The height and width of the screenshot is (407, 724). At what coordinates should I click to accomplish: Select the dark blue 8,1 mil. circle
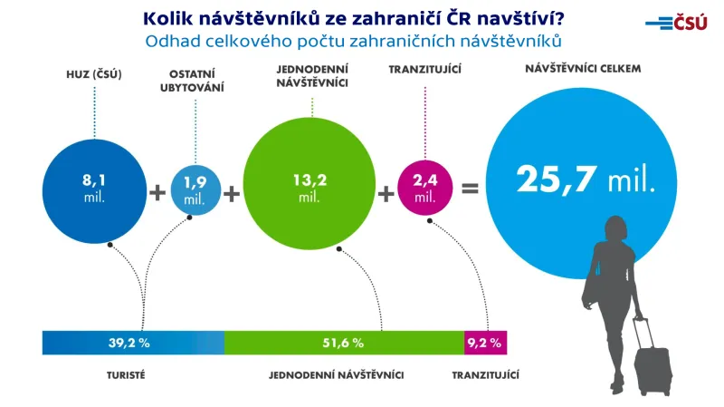93,189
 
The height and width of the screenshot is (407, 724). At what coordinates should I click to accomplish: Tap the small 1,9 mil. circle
195,189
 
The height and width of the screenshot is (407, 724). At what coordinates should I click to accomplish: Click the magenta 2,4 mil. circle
424,189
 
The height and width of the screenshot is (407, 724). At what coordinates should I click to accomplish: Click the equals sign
470,190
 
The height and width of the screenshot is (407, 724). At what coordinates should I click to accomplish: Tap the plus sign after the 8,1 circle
157,192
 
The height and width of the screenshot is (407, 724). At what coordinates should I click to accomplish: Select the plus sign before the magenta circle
386,192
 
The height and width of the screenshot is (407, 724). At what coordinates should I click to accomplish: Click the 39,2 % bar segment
132,343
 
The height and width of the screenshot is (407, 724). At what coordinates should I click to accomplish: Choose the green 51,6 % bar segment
343,343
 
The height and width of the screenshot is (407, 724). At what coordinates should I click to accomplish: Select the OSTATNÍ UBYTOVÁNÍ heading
195,81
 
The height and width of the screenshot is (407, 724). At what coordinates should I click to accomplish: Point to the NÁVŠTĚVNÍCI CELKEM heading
577,69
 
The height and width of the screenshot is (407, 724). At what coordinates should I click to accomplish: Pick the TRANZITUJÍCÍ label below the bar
485,374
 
